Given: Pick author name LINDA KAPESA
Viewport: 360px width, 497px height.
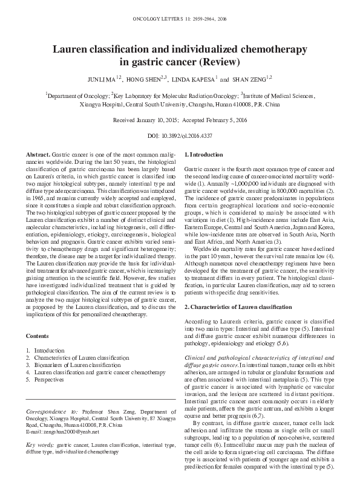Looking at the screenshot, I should (193, 79).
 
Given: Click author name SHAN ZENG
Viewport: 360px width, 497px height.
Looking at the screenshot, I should (247, 79).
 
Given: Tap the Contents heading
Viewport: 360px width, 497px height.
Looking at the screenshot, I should (38, 336).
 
